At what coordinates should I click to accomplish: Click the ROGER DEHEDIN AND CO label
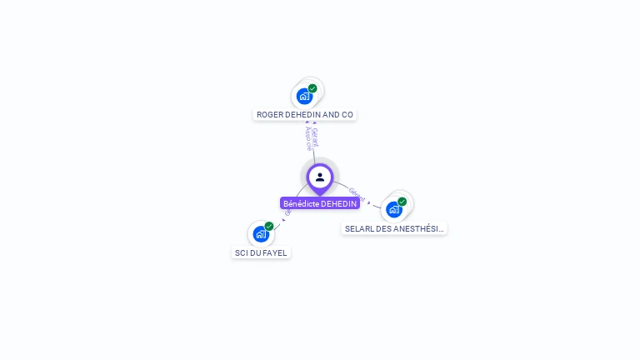pos(305,114)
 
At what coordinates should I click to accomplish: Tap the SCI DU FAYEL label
pos(261,252)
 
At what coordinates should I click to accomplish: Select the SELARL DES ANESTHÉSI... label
pos(394,228)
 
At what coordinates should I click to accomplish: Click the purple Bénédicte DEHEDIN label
pos(320,203)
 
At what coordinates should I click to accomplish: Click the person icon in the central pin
pos(320,177)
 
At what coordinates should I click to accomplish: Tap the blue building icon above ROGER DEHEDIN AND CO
pos(304,97)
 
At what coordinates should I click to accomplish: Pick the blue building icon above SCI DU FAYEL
pos(260,234)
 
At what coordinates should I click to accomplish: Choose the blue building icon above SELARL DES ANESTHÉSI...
pos(393,209)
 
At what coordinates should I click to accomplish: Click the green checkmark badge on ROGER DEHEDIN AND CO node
pos(312,88)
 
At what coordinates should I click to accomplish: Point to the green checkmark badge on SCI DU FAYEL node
pos(269,226)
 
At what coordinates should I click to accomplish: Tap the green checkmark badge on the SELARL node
pos(402,202)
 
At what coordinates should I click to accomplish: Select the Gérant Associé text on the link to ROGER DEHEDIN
pos(311,137)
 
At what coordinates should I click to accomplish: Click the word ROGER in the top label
pos(268,114)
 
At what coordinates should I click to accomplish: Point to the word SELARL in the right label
pos(358,228)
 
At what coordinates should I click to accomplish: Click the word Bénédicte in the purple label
pos(301,203)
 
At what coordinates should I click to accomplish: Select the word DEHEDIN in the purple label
pos(339,203)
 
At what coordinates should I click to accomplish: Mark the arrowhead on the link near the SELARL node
pos(369,202)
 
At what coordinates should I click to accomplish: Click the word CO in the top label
pos(347,114)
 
